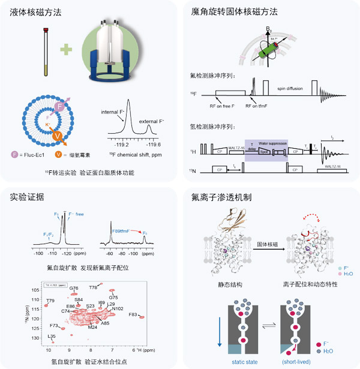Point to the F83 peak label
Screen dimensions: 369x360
pyautogui.click(x=133, y=314)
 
